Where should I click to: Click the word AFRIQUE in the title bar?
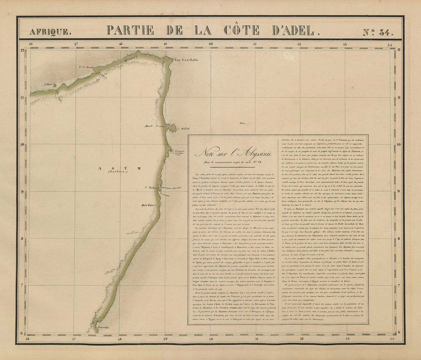[50, 32]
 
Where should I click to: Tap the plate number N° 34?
[377, 32]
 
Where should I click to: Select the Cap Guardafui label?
[185, 60]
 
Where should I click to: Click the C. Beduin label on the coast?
[151, 187]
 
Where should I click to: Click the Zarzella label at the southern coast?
[103, 327]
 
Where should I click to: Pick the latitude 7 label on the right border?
[400, 286]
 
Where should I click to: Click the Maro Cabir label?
[147, 205]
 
